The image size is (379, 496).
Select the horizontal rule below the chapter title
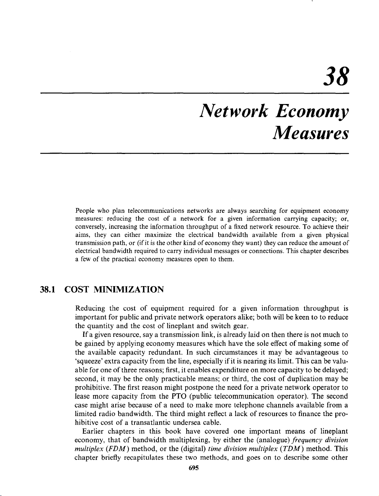click(195, 153)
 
